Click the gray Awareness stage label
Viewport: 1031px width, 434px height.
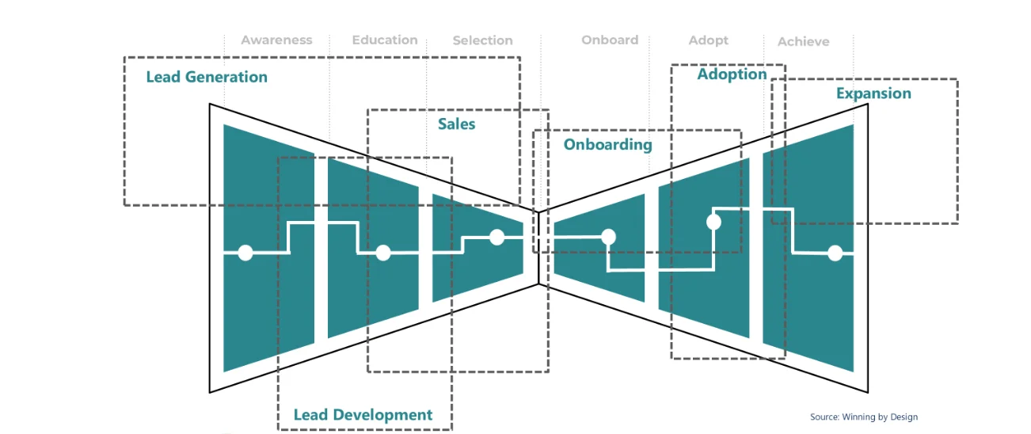coord(276,40)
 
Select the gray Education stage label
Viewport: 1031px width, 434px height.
coord(385,40)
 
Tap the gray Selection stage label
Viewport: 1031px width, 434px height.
coord(482,40)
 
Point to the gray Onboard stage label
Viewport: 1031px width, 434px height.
coord(610,40)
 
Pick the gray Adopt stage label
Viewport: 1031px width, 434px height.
coord(708,40)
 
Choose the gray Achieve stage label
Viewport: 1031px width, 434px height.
coord(803,41)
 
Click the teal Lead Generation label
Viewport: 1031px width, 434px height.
coord(207,78)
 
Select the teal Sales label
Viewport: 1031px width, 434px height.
coord(457,124)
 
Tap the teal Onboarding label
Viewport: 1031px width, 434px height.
coord(607,145)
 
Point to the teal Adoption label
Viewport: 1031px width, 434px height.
coord(732,74)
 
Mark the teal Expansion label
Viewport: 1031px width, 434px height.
coord(873,94)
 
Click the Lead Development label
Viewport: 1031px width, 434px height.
coord(363,415)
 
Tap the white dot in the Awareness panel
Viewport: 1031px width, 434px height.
coord(245,253)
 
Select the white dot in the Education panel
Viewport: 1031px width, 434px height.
coord(383,253)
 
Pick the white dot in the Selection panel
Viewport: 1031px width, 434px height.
coord(496,237)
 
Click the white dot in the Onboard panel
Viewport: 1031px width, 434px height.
coord(608,236)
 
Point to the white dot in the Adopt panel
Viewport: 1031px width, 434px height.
coord(713,222)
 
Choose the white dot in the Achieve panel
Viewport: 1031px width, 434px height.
coord(835,253)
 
